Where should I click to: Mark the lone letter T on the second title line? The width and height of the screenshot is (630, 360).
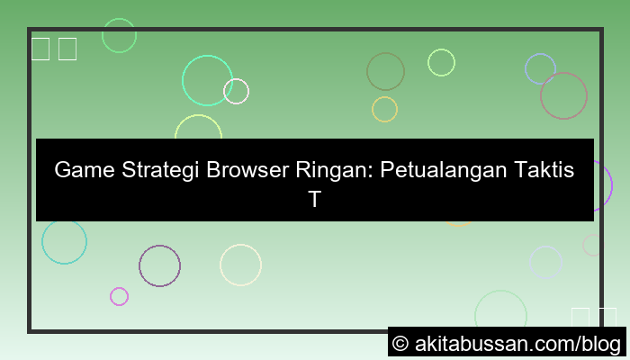[x=314, y=200]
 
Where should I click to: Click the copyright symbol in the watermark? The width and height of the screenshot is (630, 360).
[x=401, y=344]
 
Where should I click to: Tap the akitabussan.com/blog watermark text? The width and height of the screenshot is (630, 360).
[x=517, y=344]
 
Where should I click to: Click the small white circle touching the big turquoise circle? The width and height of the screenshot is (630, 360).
[x=236, y=91]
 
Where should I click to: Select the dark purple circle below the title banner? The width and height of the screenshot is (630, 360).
[x=159, y=265]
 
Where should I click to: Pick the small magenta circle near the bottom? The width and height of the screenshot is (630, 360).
[x=119, y=296]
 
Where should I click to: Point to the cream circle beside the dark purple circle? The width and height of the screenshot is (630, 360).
[x=240, y=265]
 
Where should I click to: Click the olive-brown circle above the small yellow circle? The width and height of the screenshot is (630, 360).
[x=385, y=71]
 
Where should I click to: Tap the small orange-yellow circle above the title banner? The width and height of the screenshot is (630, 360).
[x=384, y=109]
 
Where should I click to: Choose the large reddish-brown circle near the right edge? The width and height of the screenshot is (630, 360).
[x=563, y=95]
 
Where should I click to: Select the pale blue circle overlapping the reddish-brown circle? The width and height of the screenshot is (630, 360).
[x=540, y=68]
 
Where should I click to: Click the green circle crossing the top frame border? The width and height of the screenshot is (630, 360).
[x=119, y=35]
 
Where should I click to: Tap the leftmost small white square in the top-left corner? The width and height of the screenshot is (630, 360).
[x=40, y=49]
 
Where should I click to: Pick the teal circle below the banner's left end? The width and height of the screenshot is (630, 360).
[x=64, y=242]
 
